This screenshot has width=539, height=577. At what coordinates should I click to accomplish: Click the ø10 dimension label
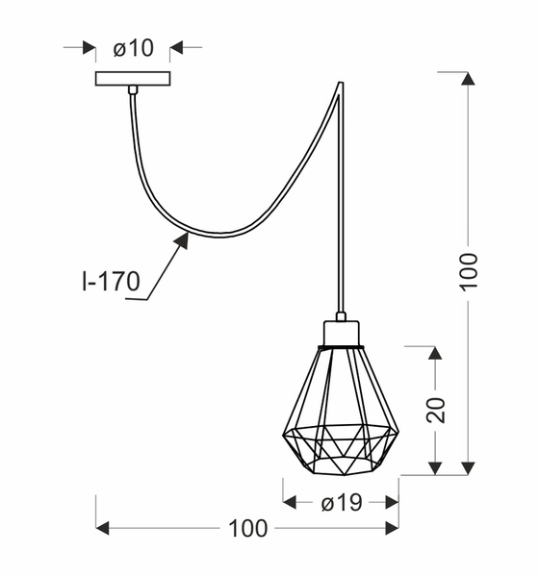tap(133, 47)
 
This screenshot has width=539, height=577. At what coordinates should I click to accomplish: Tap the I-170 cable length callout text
tap(110, 282)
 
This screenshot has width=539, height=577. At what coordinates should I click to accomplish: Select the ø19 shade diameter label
tap(341, 502)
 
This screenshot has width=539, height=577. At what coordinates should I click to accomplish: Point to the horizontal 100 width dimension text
tap(247, 528)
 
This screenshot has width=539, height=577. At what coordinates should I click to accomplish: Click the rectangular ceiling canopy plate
tap(133, 78)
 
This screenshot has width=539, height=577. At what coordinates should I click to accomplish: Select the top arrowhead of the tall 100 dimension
tap(468, 80)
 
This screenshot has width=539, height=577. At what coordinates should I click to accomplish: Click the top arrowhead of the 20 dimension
tap(435, 352)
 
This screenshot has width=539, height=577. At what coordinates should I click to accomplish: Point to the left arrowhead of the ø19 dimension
tap(290, 502)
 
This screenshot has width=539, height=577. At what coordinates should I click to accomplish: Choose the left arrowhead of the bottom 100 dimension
tap(103, 528)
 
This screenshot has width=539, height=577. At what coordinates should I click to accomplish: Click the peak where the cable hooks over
tap(340, 85)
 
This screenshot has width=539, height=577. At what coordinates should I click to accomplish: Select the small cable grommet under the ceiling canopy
tap(133, 90)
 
